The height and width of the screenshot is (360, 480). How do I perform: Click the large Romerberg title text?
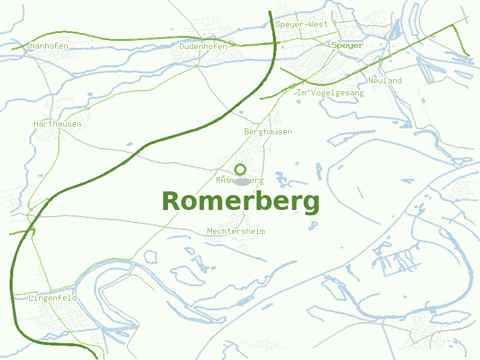coord(241,202)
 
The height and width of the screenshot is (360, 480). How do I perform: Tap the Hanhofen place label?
coord(49,46)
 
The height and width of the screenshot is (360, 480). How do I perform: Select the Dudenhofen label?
coord(203,46)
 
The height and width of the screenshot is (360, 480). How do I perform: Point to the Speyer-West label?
coord(302,25)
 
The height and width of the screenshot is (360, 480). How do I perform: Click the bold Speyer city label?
coord(347,46)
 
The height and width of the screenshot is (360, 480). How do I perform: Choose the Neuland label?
coord(385,81)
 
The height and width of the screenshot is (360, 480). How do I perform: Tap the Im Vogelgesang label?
coord(331,93)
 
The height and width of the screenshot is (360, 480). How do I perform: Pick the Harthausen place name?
coord(58,124)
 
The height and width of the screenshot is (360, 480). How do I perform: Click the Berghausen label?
coord(268,131)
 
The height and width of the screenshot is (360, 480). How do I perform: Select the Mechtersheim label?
coord(236,232)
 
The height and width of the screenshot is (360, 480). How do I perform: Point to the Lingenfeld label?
coord(53,298)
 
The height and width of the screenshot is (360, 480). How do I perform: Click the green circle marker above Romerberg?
coord(241,169)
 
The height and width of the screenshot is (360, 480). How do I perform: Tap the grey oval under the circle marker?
coord(241,181)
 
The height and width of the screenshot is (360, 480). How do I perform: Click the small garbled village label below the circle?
coord(240,180)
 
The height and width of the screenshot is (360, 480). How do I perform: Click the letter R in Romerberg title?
coord(172,202)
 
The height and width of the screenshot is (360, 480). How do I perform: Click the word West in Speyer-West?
coord(319,25)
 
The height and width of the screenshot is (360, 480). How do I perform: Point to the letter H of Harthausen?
coord(37,124)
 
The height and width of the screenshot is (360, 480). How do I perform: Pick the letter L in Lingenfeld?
coord(31,298)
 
